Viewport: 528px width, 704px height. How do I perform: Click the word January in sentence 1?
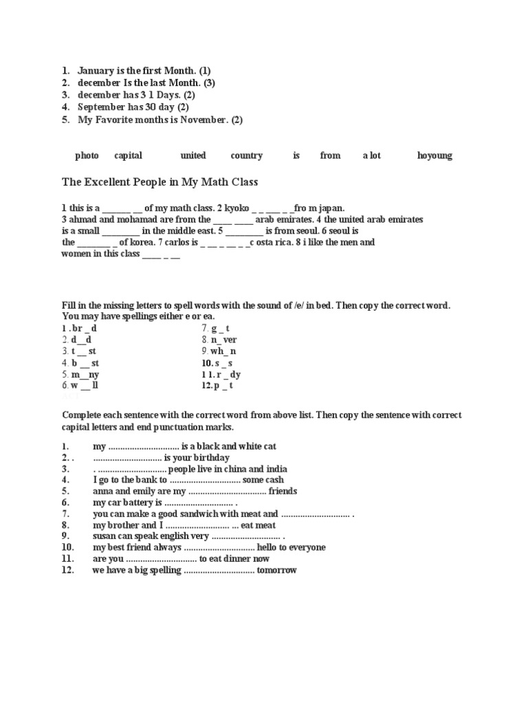96,70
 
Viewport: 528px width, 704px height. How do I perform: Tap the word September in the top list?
100,107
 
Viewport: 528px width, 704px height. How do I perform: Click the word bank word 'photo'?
87,155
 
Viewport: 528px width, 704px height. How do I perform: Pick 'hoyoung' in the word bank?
434,155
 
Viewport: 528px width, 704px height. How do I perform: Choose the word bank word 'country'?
246,155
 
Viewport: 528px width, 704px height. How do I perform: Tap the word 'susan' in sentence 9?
105,536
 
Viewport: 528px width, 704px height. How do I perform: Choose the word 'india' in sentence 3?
272,468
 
